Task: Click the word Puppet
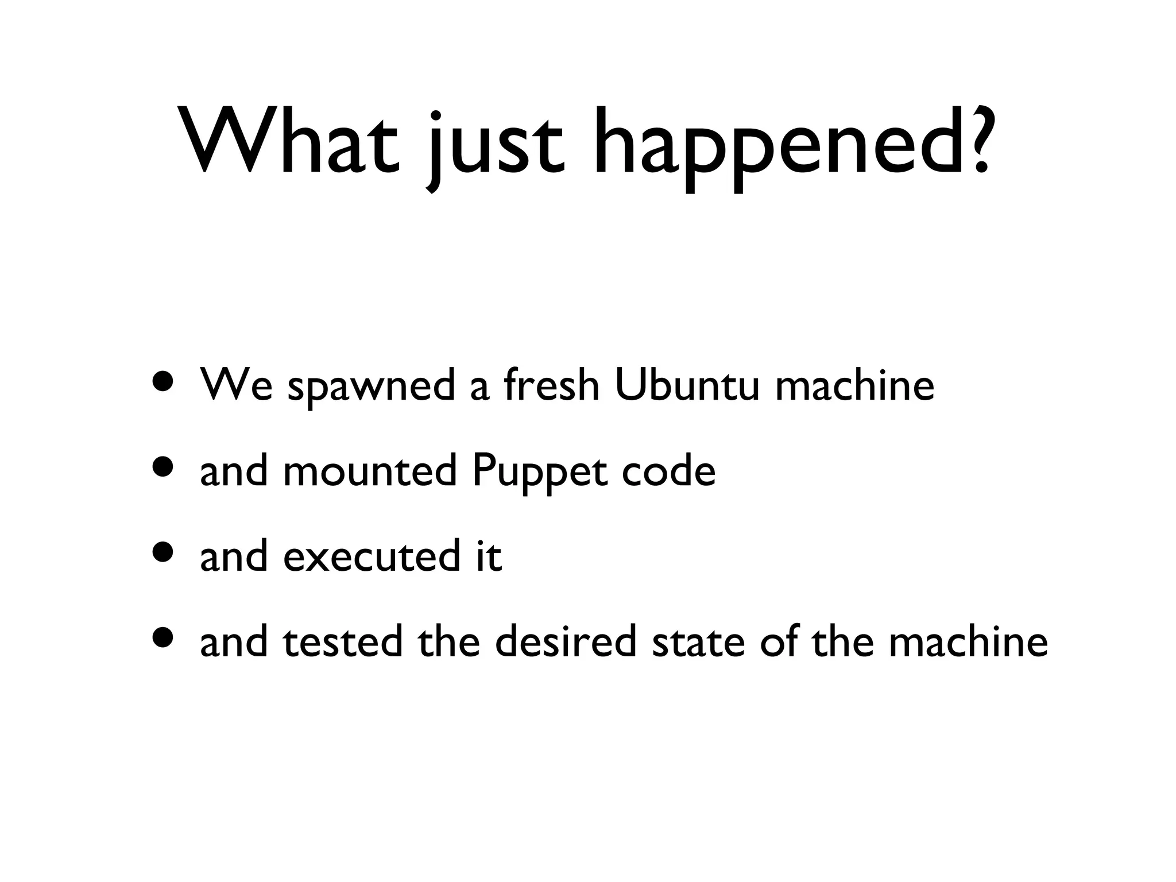pos(540,473)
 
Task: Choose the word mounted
pos(370,470)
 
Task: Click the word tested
pos(343,641)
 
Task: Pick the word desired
pos(566,641)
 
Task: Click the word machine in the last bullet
pos(968,641)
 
